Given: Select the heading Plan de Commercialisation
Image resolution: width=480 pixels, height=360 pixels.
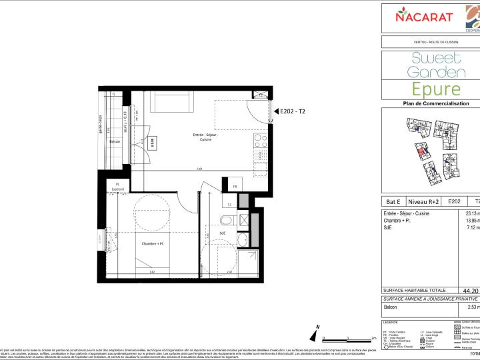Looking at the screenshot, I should (x=431, y=103).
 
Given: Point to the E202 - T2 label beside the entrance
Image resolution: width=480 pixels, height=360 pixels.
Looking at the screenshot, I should (x=293, y=112).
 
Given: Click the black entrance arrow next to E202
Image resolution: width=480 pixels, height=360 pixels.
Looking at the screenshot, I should (x=275, y=112).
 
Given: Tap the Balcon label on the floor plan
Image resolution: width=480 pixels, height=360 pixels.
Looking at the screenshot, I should (x=115, y=142).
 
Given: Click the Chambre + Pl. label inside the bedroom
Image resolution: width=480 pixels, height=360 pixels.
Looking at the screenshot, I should (x=153, y=243).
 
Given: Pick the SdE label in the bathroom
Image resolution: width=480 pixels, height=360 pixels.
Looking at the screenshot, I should (x=223, y=233).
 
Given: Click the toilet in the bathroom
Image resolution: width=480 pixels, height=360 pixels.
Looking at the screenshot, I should (x=227, y=219).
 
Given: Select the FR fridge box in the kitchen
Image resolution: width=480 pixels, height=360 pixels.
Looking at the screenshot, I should (x=235, y=187).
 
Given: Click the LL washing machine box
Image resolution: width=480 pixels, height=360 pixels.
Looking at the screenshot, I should (x=230, y=204).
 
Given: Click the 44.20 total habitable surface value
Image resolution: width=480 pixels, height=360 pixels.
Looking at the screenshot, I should (x=471, y=291).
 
